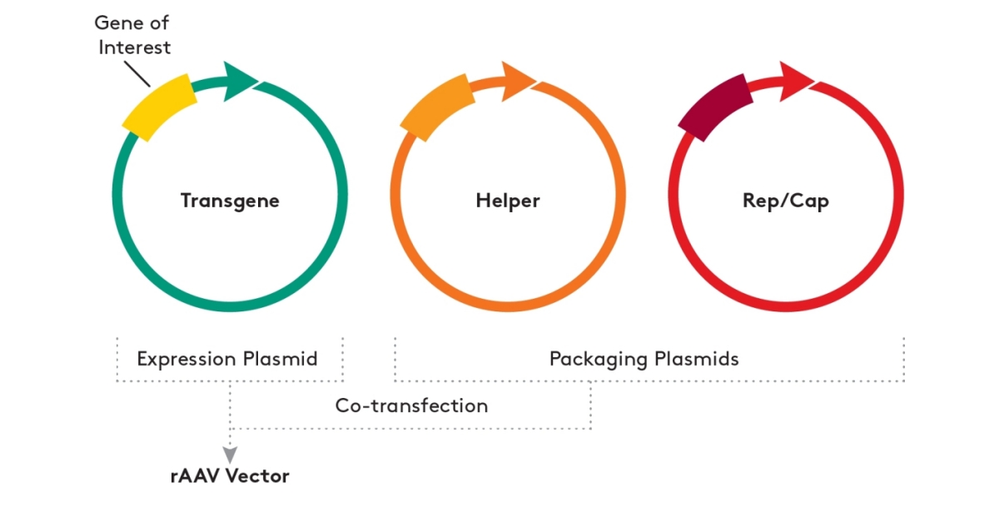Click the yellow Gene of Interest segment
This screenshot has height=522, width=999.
point(160,106)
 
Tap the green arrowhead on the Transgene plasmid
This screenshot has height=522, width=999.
point(241,82)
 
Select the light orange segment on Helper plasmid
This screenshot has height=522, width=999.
point(438,106)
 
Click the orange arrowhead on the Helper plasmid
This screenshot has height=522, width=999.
point(518,82)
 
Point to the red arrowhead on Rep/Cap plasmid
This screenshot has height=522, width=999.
point(797,82)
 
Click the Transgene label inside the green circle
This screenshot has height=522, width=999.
point(230,201)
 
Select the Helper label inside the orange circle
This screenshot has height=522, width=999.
point(508,201)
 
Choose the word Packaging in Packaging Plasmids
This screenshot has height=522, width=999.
point(599,360)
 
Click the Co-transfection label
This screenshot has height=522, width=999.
point(411,406)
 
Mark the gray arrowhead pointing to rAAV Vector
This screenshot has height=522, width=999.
point(230,455)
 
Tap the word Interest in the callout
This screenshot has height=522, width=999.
point(134,47)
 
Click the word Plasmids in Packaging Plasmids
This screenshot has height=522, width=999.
point(696,360)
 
